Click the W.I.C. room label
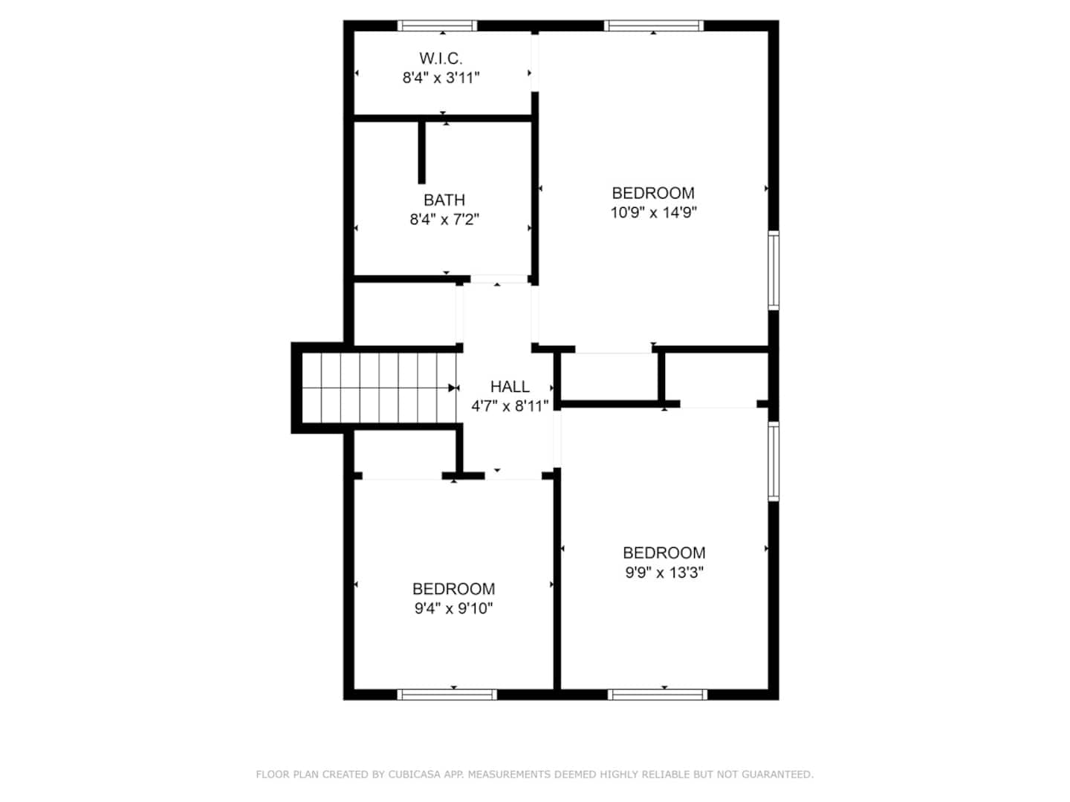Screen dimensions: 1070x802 coord(440,59)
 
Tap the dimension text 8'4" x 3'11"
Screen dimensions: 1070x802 coord(441,77)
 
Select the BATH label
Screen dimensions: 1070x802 coord(444,200)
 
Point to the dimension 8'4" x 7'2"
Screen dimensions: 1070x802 coord(444,219)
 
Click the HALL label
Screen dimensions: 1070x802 coord(510,386)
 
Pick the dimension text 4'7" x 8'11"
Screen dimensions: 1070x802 coord(510,405)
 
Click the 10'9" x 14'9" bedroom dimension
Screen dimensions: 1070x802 coord(653,212)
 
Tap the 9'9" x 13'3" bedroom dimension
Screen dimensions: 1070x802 coord(664,572)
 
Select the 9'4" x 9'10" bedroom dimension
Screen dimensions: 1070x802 coord(453,607)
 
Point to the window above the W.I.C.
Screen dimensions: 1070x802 coord(437,26)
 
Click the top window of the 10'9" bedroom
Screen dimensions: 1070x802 coord(653,26)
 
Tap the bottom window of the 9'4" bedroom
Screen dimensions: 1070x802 coord(447,694)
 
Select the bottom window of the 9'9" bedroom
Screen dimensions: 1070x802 coord(657,694)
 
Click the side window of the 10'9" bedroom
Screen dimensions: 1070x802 coord(773,270)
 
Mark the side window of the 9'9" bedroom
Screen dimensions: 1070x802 coord(773,460)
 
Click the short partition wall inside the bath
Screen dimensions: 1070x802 coord(421,152)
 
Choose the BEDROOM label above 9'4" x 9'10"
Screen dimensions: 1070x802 coord(453,588)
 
